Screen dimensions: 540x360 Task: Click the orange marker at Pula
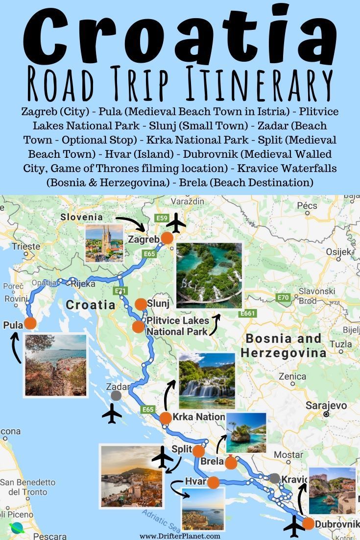tap(30, 323)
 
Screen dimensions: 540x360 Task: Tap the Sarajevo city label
tap(326, 406)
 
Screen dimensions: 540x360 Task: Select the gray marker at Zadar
tap(116, 395)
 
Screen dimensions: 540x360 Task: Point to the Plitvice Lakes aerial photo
tap(209, 275)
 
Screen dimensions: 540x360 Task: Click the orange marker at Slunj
tap(141, 304)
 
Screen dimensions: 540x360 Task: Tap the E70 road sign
tap(283, 297)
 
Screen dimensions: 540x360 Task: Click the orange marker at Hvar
tap(213, 483)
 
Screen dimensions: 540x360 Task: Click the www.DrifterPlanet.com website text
tap(180, 536)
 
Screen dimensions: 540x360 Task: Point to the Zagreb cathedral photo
tap(104, 244)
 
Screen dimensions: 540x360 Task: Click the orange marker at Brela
tap(231, 463)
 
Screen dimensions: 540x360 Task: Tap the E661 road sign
tap(248, 314)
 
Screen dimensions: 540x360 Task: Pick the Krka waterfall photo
tap(207, 381)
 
